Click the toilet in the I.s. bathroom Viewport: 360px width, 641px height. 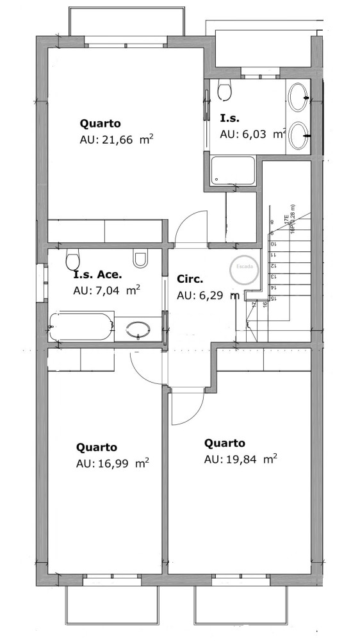point(224,90)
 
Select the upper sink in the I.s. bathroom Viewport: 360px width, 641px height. point(298,99)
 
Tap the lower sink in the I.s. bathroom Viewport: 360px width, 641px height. point(298,136)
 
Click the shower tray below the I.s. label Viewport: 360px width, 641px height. point(233,171)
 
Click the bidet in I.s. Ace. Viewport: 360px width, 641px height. point(140,258)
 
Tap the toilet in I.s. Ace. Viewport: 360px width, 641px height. point(72,260)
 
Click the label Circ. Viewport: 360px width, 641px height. point(190,279)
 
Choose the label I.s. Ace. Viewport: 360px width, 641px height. point(97,274)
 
